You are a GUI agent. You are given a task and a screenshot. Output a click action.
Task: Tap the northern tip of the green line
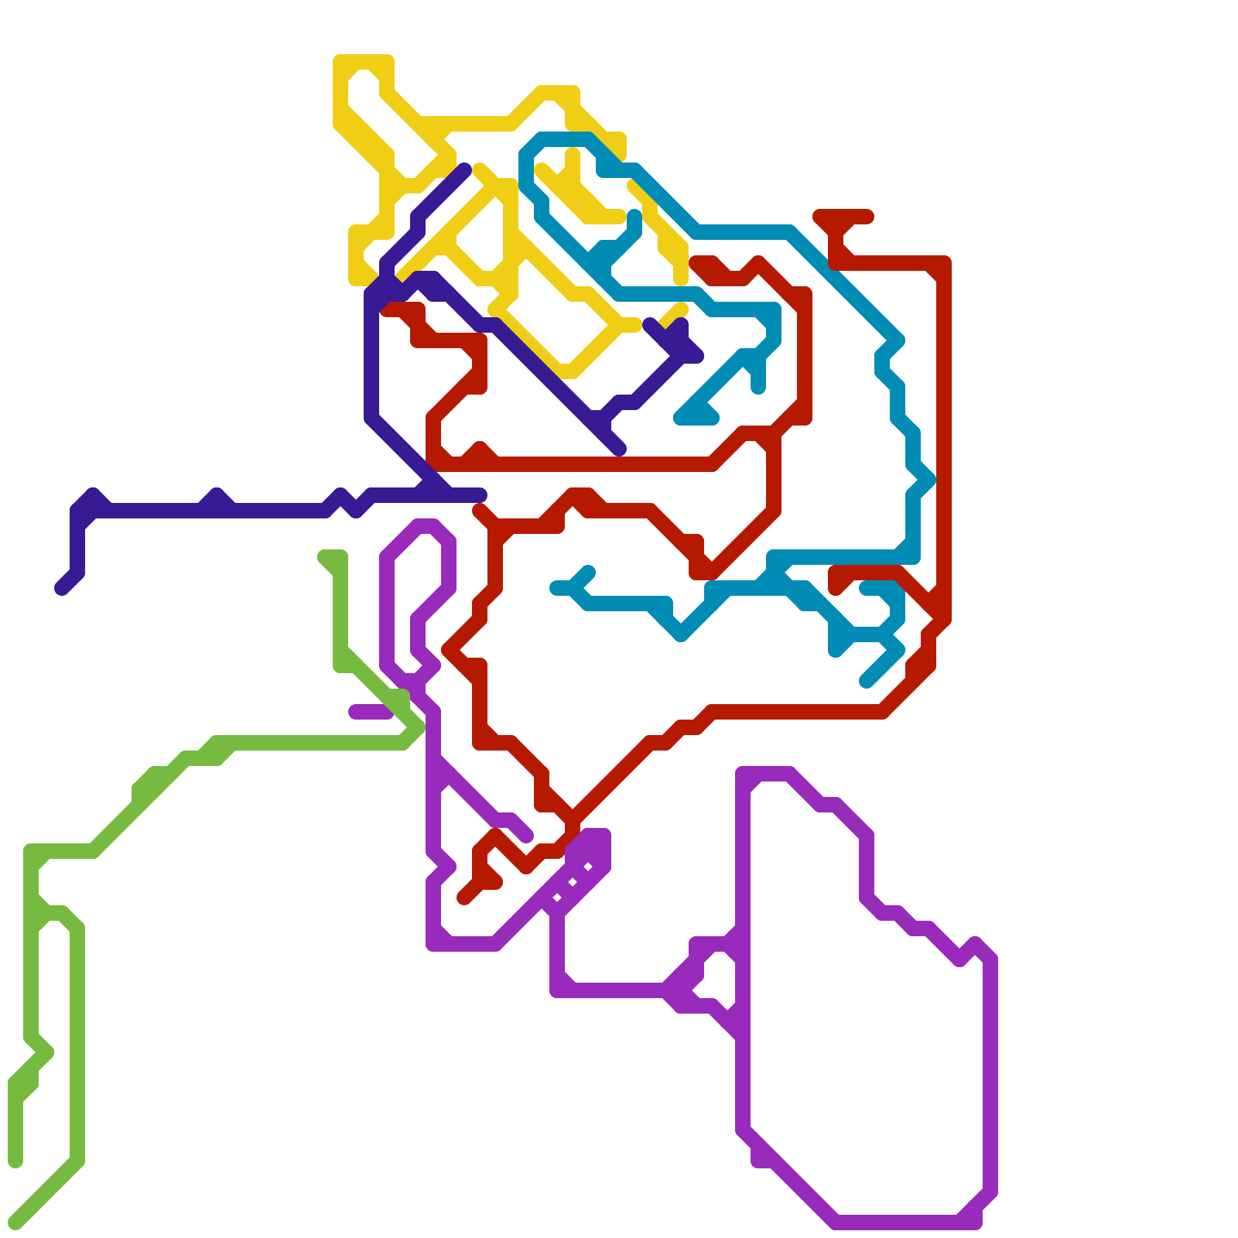coord(325,556)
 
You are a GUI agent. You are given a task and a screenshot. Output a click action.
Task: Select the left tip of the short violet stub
coord(354,712)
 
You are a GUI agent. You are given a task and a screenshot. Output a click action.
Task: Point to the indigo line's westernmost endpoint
coord(62,589)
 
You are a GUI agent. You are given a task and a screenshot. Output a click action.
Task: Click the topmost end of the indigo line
coord(464,169)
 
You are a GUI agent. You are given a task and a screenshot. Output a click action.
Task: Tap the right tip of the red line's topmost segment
coord(868,216)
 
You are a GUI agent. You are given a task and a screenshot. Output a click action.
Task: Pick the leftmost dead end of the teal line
coord(556,589)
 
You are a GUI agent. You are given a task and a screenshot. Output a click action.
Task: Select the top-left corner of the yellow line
coord(340,62)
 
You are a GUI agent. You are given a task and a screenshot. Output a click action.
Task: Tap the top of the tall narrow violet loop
coord(426,525)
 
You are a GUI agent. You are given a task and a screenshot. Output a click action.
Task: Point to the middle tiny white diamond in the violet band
coord(573,882)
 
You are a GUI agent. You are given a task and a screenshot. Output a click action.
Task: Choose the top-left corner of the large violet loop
coord(743,774)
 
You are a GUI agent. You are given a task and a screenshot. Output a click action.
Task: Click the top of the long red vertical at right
coord(944,263)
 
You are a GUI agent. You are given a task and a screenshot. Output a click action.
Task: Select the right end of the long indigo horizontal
coord(481,495)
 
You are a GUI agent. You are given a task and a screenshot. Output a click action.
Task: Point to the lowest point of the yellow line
coord(569,371)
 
